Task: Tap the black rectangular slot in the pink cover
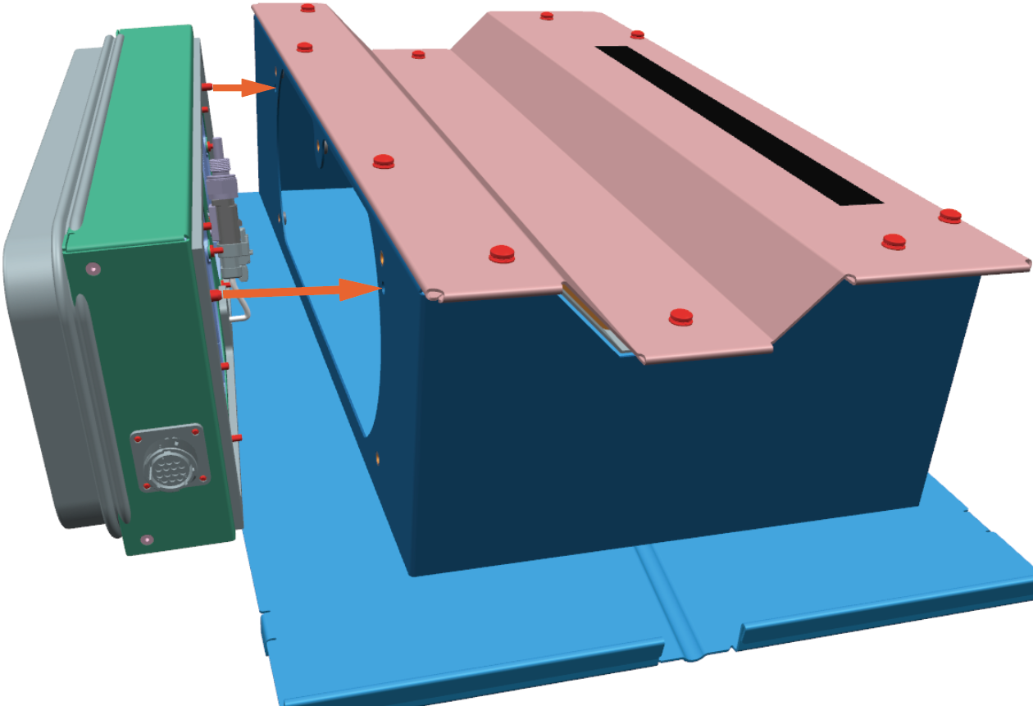738,123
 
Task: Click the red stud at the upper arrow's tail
207,86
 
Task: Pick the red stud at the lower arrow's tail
216,293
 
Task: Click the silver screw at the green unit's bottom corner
147,540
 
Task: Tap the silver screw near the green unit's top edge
93,268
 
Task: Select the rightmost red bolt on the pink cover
950,216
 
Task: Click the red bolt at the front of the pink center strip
680,316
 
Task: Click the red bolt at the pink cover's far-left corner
307,8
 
